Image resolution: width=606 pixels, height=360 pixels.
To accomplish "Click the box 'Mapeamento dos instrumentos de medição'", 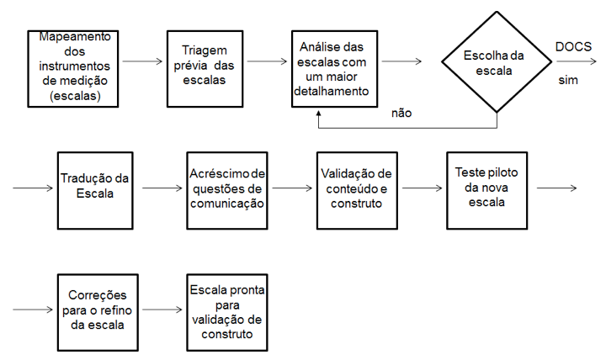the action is click(73, 69).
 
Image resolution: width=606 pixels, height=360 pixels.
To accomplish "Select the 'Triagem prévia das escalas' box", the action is click(205, 69).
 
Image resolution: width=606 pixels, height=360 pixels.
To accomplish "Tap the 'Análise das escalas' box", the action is click(335, 69).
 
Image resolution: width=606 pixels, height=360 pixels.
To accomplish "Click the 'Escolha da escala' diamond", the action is click(497, 61).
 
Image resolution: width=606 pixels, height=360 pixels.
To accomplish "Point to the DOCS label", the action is click(573, 47).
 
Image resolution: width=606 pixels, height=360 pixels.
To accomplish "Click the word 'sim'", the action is click(568, 81).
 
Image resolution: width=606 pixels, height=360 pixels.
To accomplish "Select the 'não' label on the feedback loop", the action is click(401, 114).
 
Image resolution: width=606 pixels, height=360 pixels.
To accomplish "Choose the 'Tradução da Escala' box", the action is click(95, 191).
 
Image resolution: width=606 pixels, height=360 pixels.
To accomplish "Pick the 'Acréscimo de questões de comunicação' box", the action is click(227, 191).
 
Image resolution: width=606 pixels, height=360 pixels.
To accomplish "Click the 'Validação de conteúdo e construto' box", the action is click(357, 191).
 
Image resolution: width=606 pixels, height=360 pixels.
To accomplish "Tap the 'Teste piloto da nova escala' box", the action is click(487, 191).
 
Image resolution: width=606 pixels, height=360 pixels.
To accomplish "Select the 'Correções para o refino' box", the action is click(98, 313).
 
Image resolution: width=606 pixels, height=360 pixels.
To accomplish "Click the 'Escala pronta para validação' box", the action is click(227, 313).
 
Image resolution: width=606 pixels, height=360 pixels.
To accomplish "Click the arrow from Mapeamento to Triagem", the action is click(142, 61).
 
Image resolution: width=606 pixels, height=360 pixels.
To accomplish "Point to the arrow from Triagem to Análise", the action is click(267, 61).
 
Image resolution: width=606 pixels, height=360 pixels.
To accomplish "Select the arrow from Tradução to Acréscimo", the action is click(162, 188).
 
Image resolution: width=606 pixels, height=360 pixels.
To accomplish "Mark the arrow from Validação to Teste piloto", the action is click(422, 188).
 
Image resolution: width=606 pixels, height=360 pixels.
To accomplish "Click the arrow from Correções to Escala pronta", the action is click(162, 310).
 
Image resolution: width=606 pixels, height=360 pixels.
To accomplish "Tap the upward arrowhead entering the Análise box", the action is click(318, 114).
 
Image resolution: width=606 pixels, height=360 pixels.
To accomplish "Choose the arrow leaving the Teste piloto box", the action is click(557, 188).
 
